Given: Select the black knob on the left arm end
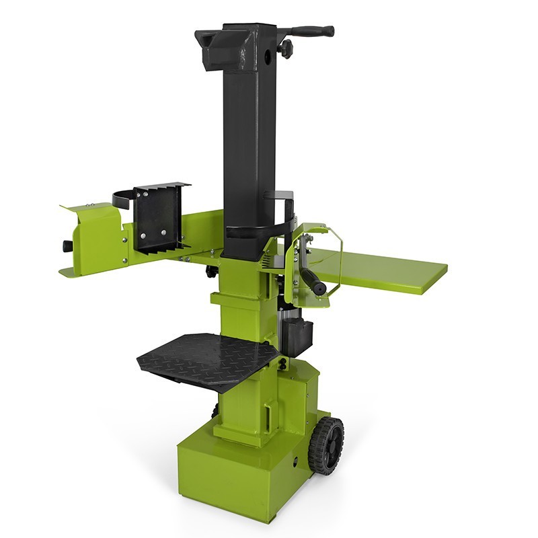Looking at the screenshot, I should coord(68,246).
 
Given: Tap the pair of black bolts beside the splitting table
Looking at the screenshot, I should coord(283,363).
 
